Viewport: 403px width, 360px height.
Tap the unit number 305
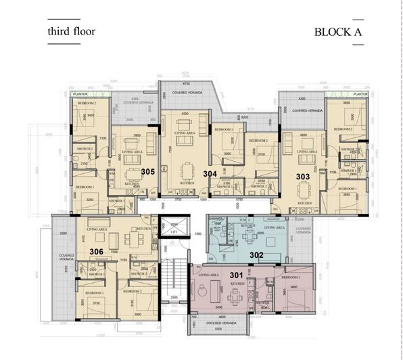pos(149,172)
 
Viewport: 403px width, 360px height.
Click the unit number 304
pos(210,174)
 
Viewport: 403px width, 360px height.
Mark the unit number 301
pos(236,274)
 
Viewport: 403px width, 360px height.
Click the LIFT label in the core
pos(174,231)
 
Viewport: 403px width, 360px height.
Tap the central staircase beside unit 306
pos(174,271)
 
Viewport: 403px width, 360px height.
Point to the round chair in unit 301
pos(202,288)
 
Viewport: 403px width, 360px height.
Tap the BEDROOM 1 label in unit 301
pos(291,277)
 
